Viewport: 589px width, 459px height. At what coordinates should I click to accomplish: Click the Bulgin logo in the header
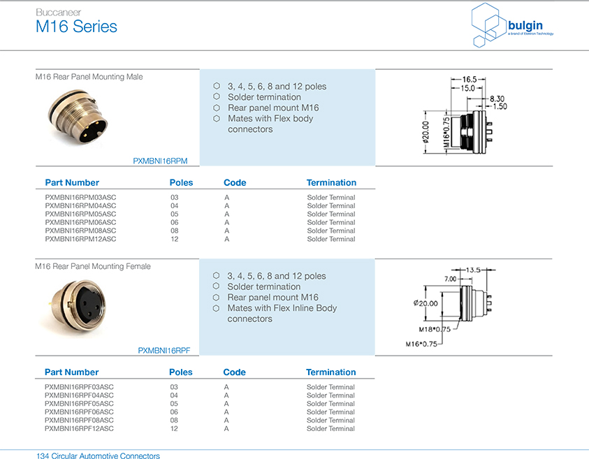[513, 24]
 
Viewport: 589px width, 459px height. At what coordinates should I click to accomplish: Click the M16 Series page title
[76, 27]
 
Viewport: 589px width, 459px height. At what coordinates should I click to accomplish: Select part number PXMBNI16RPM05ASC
[80, 214]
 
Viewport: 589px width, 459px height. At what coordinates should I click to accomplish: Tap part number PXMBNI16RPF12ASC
[79, 428]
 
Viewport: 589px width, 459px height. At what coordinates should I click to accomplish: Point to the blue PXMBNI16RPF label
[163, 350]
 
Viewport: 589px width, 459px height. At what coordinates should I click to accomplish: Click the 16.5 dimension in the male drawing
[469, 80]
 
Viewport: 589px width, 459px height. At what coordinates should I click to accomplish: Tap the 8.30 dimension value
[497, 99]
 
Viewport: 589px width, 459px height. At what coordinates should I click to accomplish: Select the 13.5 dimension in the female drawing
[474, 269]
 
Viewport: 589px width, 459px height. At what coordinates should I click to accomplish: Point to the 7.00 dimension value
[451, 279]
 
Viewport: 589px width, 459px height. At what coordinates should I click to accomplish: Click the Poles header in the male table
[181, 182]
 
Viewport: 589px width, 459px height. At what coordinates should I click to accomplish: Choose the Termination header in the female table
[330, 372]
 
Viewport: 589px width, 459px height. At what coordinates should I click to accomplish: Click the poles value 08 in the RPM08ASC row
[174, 231]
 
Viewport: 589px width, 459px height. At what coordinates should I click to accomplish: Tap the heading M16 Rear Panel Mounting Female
[93, 266]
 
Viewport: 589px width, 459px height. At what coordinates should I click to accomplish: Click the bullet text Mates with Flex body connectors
[270, 124]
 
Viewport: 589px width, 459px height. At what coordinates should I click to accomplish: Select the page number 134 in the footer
[43, 456]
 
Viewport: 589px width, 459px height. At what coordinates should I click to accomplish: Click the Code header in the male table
[235, 182]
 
